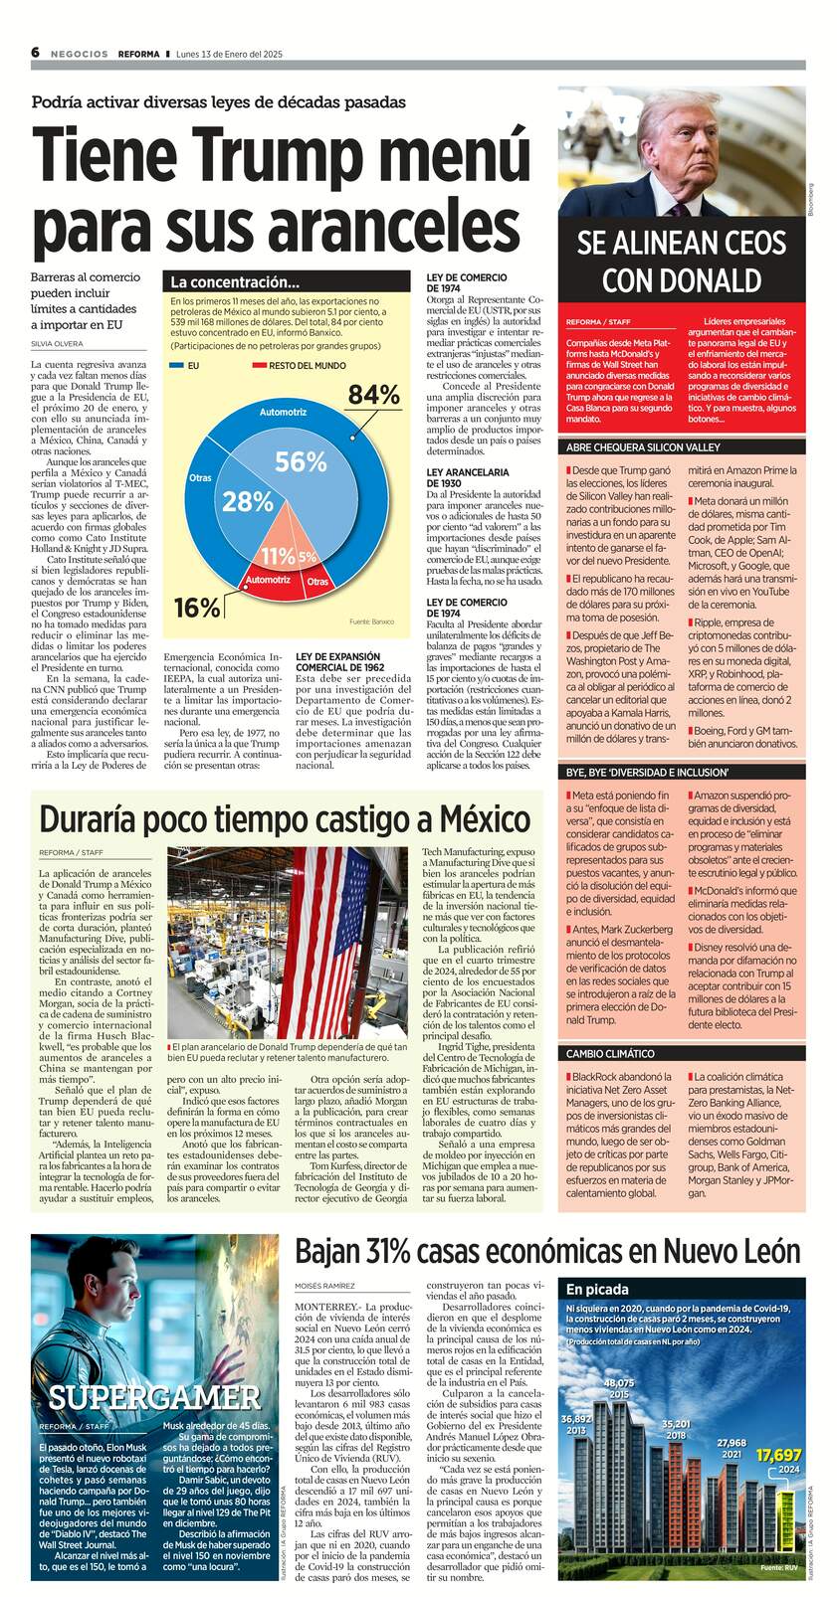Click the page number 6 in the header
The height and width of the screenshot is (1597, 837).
click(x=35, y=53)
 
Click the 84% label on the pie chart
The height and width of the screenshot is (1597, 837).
click(x=373, y=396)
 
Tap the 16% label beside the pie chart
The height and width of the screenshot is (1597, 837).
click(x=196, y=608)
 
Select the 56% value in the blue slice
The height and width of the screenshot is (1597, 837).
click(x=301, y=461)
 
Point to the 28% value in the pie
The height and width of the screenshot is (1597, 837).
click(x=247, y=502)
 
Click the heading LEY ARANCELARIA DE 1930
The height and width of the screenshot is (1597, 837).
click(x=468, y=477)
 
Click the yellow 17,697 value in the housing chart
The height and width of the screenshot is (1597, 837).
click(x=778, y=1455)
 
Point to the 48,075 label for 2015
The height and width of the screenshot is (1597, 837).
click(x=618, y=1383)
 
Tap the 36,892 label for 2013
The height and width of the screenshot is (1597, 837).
click(x=576, y=1418)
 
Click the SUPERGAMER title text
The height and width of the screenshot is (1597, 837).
click(x=154, y=1397)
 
